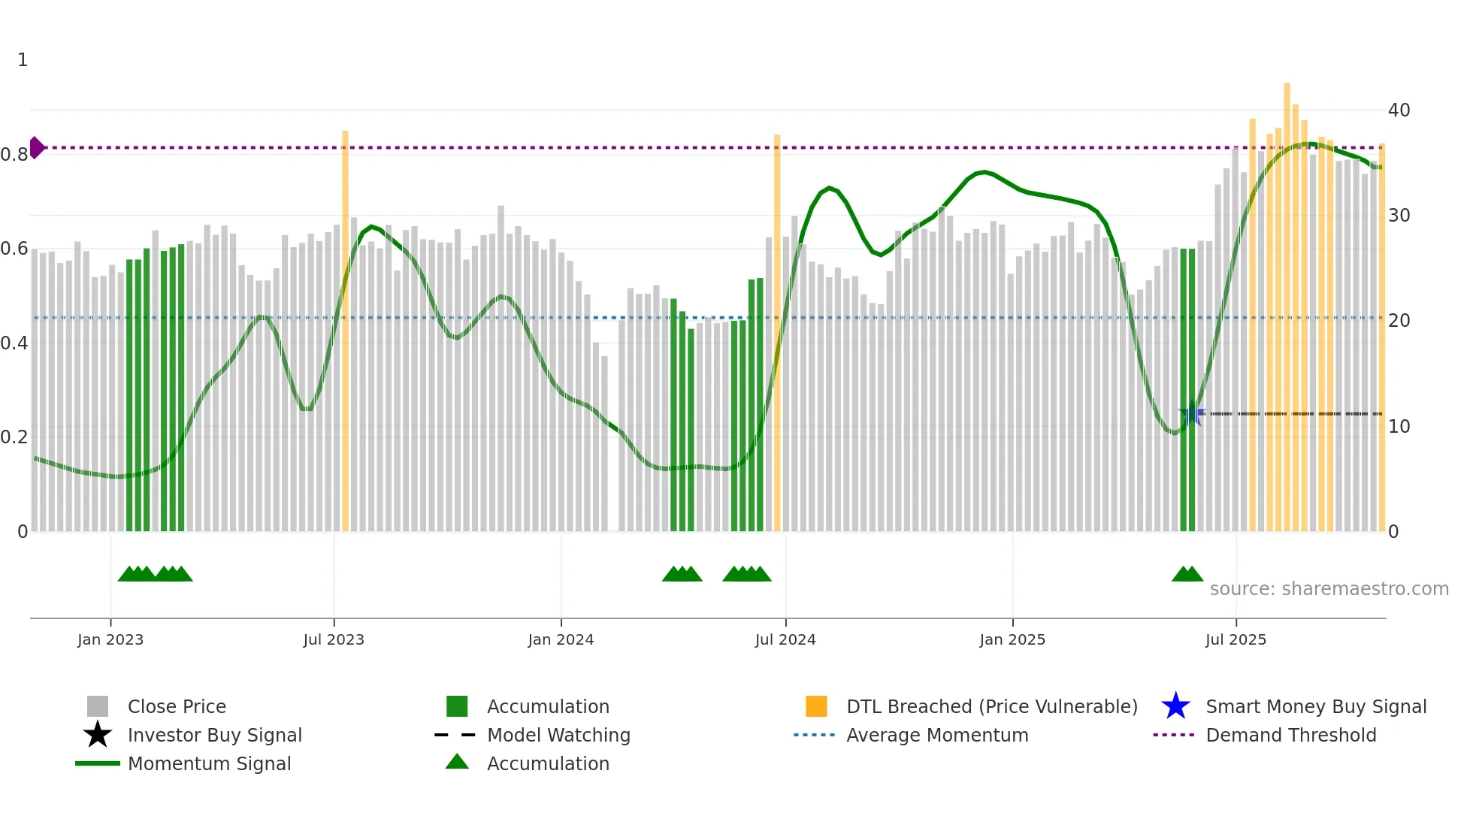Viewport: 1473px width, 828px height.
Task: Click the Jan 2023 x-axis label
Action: tap(110, 639)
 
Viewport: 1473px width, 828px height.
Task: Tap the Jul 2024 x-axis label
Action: tap(785, 639)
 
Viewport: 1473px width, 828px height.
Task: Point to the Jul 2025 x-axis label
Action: tap(1236, 639)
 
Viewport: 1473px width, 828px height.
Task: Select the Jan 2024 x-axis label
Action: tap(561, 639)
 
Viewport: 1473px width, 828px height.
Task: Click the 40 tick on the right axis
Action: tap(1399, 110)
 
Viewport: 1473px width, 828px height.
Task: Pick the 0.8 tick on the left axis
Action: tap(14, 155)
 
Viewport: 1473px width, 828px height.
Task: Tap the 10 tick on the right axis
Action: tap(1399, 427)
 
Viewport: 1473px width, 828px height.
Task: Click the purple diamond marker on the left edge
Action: tap(36, 148)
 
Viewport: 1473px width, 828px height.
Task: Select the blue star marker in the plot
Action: tap(1192, 414)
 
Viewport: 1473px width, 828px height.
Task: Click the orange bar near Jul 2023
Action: tap(345, 331)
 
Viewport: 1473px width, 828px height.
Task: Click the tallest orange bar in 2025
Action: tap(1287, 308)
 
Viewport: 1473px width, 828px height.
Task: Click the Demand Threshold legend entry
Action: tap(1290, 735)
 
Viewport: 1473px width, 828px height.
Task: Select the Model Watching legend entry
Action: tap(558, 735)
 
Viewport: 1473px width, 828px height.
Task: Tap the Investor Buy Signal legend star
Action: tap(98, 735)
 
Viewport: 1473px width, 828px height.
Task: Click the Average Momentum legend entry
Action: tap(937, 735)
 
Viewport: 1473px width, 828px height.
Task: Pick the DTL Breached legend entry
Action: tap(991, 706)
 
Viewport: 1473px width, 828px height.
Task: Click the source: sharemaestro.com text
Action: tap(1329, 589)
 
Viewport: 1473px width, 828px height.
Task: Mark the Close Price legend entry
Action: tap(177, 706)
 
